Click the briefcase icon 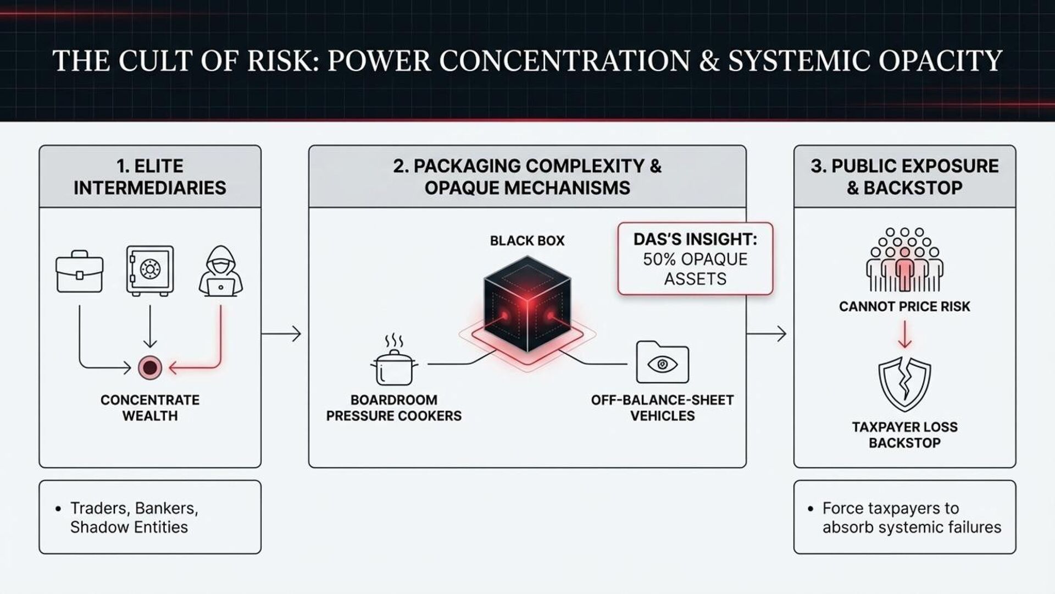pyautogui.click(x=79, y=272)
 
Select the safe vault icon pyautogui.click(x=149, y=270)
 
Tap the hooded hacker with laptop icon pyautogui.click(x=220, y=272)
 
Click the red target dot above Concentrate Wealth pyautogui.click(x=150, y=367)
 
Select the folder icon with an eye pyautogui.click(x=662, y=362)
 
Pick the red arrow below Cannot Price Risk pyautogui.click(x=904, y=334)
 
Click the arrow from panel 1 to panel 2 pyautogui.click(x=281, y=334)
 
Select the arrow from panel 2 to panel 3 pyautogui.click(x=767, y=334)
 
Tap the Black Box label pyautogui.click(x=527, y=241)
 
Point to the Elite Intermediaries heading pyautogui.click(x=149, y=177)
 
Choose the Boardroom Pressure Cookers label pyautogui.click(x=393, y=408)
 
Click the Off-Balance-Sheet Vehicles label pyautogui.click(x=662, y=408)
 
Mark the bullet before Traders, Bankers pyautogui.click(x=58, y=509)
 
